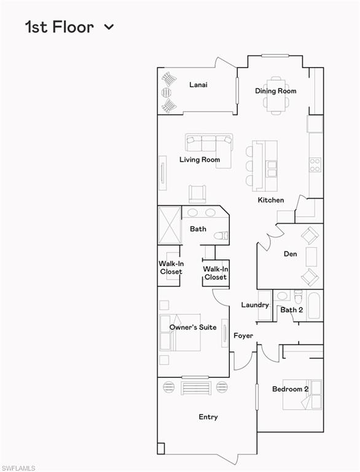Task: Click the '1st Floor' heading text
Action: click(59, 27)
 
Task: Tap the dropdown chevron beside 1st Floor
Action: click(109, 27)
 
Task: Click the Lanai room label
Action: click(198, 85)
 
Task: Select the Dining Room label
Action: click(276, 91)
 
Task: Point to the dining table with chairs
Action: click(276, 96)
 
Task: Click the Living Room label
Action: click(200, 160)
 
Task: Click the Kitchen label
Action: click(270, 200)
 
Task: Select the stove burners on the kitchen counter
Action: click(315, 164)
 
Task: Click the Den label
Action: click(291, 254)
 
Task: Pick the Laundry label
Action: click(254, 305)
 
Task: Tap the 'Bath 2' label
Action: click(291, 310)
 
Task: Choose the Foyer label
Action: click(243, 336)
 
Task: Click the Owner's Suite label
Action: click(193, 328)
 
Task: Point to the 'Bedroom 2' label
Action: click(291, 389)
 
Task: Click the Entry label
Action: click(208, 417)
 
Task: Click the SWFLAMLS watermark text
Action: click(18, 468)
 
